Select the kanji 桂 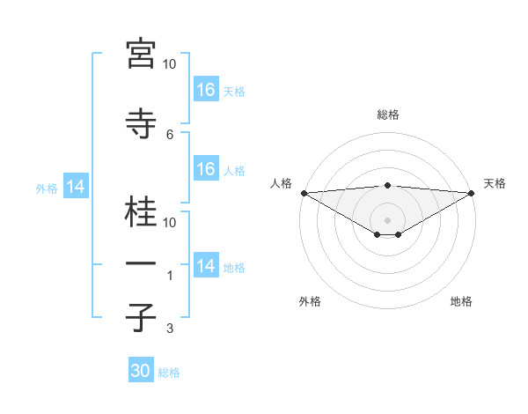click(141, 212)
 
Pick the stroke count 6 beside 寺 click(170, 134)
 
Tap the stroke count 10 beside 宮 click(170, 64)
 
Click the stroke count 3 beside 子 click(170, 329)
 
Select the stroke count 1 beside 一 click(170, 276)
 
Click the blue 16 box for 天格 click(206, 90)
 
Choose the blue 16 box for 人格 click(206, 169)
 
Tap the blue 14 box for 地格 click(206, 267)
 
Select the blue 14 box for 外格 click(76, 187)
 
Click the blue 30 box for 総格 click(141, 371)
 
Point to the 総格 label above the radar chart click(388, 115)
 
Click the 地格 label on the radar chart click(461, 301)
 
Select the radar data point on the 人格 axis click(304, 193)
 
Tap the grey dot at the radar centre click(388, 219)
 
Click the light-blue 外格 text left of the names click(47, 188)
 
